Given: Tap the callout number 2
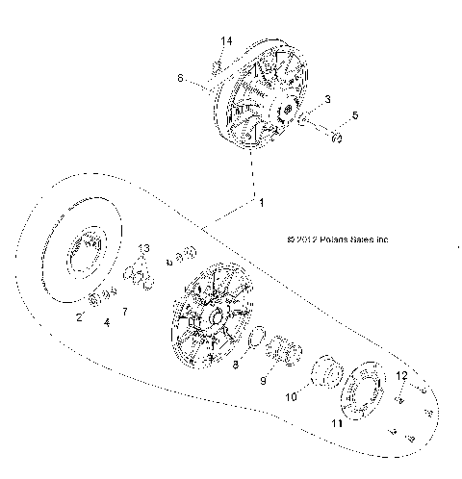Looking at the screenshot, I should click(x=80, y=316).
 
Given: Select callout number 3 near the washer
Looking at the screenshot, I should click(x=327, y=100).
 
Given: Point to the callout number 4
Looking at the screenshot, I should click(x=107, y=322).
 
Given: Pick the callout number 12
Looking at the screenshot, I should click(x=403, y=375).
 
